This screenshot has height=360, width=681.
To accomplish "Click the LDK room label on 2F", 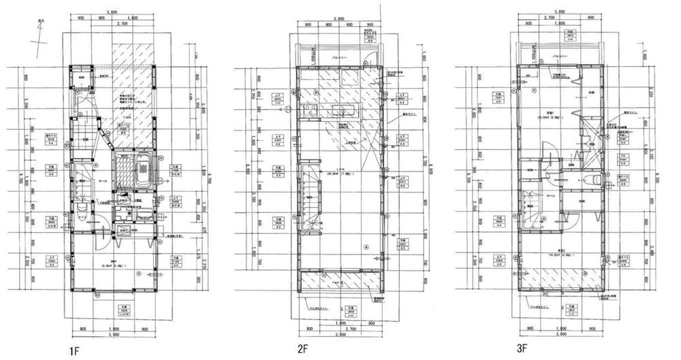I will click(338, 170).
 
